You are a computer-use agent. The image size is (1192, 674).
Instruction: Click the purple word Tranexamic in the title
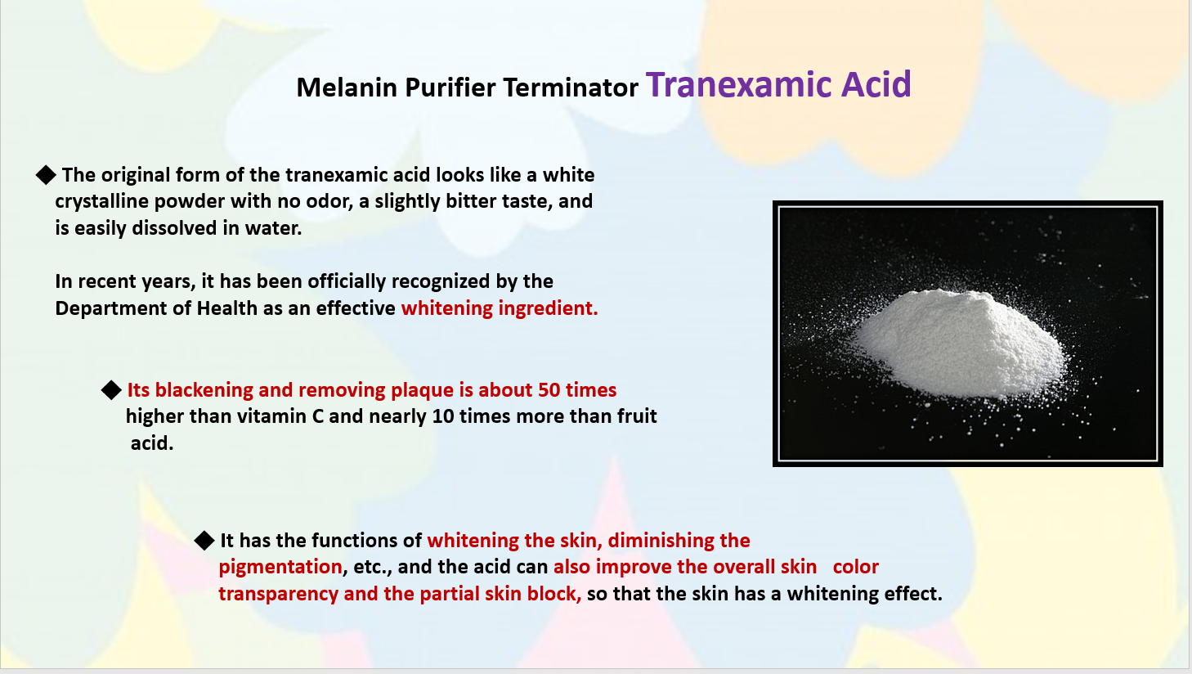[x=739, y=84]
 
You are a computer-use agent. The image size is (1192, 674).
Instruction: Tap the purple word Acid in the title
[x=876, y=84]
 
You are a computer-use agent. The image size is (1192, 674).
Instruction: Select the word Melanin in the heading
[x=347, y=88]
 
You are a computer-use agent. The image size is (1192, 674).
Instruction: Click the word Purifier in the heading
[x=450, y=88]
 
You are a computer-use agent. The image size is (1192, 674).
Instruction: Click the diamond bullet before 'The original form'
[x=47, y=174]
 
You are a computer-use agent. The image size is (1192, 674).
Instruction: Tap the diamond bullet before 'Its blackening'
[x=111, y=389]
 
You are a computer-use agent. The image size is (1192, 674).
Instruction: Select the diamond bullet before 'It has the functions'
[x=204, y=540]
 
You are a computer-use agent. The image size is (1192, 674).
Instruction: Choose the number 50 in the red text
[x=549, y=390]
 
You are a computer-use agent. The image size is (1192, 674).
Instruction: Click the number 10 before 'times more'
[x=443, y=416]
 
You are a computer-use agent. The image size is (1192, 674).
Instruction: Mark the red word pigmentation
[x=280, y=568]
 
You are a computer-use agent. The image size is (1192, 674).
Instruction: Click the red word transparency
[x=278, y=594]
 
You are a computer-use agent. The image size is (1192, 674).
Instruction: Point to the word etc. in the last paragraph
[x=373, y=568]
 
